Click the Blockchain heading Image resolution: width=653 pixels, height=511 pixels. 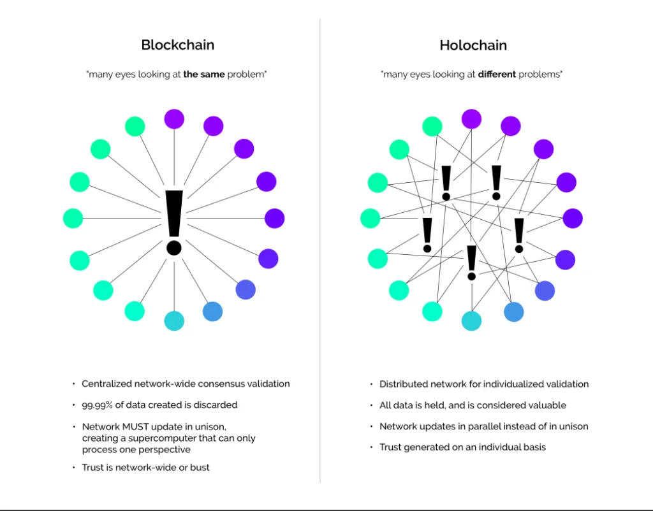pos(178,45)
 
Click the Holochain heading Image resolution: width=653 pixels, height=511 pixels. pos(473,45)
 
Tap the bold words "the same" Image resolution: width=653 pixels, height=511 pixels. pos(204,75)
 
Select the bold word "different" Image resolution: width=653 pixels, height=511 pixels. pos(497,75)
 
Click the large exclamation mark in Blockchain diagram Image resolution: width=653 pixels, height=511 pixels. pos(174,222)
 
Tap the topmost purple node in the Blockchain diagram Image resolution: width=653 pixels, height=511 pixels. pos(174,119)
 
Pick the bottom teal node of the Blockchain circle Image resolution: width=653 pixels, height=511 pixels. pos(174,321)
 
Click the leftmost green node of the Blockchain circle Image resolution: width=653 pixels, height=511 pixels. pos(73,219)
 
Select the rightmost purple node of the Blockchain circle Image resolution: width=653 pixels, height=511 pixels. pos(274,219)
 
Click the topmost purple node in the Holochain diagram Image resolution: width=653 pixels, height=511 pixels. pos(471,119)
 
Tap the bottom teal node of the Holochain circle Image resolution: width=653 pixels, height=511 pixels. pos(471,321)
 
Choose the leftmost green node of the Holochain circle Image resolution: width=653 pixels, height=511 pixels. pos(371,219)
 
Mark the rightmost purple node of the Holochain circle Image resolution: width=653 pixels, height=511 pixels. pos(573,219)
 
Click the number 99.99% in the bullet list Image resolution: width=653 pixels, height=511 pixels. pos(97,405)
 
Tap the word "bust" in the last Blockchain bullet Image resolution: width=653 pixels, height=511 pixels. pos(200,468)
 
